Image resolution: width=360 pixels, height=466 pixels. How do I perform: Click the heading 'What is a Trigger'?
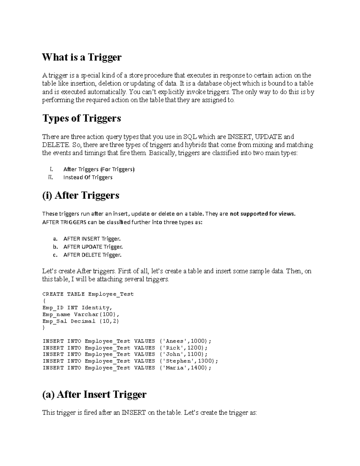click(82, 57)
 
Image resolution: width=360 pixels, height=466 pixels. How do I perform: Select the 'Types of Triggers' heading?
click(82, 118)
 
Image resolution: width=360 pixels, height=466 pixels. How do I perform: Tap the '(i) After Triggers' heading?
click(81, 195)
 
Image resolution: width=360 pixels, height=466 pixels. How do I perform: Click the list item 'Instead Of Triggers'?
click(88, 177)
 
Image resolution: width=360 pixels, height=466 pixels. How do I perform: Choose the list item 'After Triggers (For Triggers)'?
click(99, 169)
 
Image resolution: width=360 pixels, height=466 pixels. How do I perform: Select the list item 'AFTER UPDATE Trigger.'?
click(93, 247)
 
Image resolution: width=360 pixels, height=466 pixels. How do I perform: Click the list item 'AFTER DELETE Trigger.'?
click(92, 255)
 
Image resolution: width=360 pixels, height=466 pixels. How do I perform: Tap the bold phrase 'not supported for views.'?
click(262, 214)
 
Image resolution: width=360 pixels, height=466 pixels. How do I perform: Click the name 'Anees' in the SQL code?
click(175, 341)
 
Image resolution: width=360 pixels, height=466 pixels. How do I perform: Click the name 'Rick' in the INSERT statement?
click(173, 348)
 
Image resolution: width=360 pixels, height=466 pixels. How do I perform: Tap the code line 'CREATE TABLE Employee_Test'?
click(88, 294)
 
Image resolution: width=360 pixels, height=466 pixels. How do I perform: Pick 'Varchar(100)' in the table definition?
click(97, 314)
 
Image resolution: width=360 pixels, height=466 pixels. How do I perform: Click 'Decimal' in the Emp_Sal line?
click(83, 321)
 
